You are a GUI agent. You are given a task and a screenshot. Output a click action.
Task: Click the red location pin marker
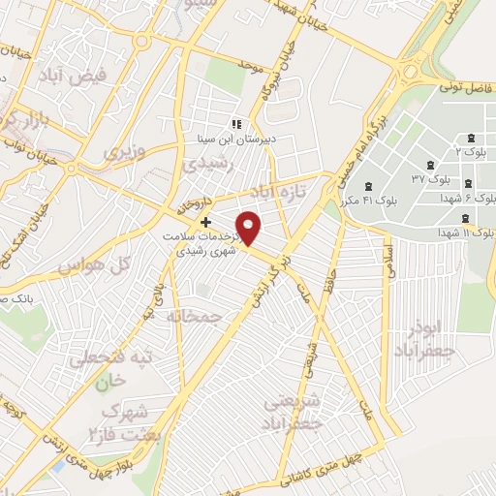[x=250, y=227]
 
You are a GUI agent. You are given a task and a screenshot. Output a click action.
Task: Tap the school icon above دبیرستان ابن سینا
[x=235, y=123]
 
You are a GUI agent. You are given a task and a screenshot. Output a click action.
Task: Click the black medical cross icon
[x=204, y=222]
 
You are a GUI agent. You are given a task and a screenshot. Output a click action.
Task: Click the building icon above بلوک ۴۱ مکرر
[x=367, y=187]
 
